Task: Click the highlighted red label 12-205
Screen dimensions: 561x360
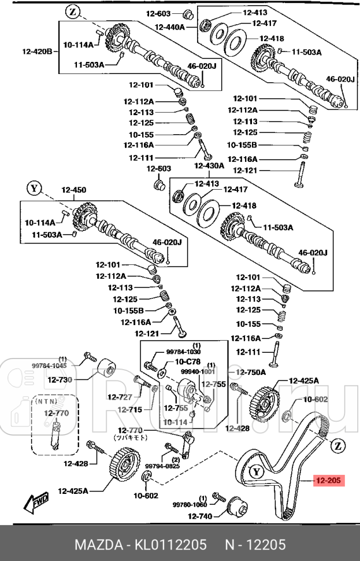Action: click(x=328, y=480)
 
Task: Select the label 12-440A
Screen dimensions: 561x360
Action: click(x=169, y=27)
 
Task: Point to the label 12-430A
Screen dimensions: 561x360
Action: click(x=209, y=166)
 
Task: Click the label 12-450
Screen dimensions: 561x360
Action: click(x=73, y=190)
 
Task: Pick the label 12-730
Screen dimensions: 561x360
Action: click(x=60, y=379)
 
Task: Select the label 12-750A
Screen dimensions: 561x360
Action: click(x=251, y=372)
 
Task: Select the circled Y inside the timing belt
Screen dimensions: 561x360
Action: click(x=257, y=471)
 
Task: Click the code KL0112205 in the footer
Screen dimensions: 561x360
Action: click(x=170, y=545)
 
